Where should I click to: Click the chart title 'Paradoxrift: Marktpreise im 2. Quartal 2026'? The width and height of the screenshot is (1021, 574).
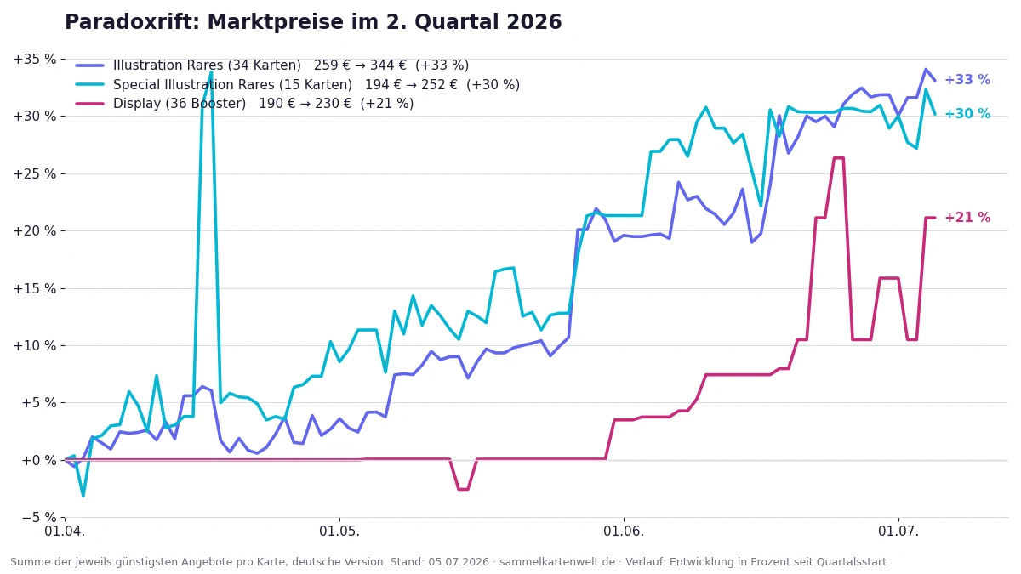pos(313,22)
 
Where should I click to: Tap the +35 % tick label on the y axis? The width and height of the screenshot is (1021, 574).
pos(35,60)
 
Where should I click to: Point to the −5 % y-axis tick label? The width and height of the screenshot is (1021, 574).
pos(39,518)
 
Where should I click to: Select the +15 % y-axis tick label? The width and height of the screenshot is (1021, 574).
pos(35,288)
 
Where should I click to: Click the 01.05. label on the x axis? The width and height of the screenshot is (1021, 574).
pos(339,531)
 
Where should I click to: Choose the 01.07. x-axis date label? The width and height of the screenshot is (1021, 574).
pos(898,531)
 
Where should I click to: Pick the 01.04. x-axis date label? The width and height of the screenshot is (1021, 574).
pos(65,531)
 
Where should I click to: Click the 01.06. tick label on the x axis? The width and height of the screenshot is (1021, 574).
pos(624,531)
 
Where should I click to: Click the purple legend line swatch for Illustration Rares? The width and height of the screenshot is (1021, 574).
pos(90,65)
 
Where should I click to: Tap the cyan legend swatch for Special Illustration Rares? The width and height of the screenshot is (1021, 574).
pos(90,85)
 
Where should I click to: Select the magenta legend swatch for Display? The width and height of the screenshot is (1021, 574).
pos(90,104)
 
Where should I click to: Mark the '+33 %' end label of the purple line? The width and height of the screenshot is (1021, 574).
pos(967,80)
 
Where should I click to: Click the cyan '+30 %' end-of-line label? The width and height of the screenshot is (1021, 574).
pos(967,113)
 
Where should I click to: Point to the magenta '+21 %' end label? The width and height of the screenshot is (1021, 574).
pos(967,218)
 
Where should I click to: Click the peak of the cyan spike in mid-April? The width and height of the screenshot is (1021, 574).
pos(211,71)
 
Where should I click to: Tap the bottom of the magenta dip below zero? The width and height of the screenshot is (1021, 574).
pos(463,489)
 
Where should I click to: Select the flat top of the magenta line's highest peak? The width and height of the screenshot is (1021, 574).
pos(839,158)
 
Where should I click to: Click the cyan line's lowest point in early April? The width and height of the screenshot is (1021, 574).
pos(83,495)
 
